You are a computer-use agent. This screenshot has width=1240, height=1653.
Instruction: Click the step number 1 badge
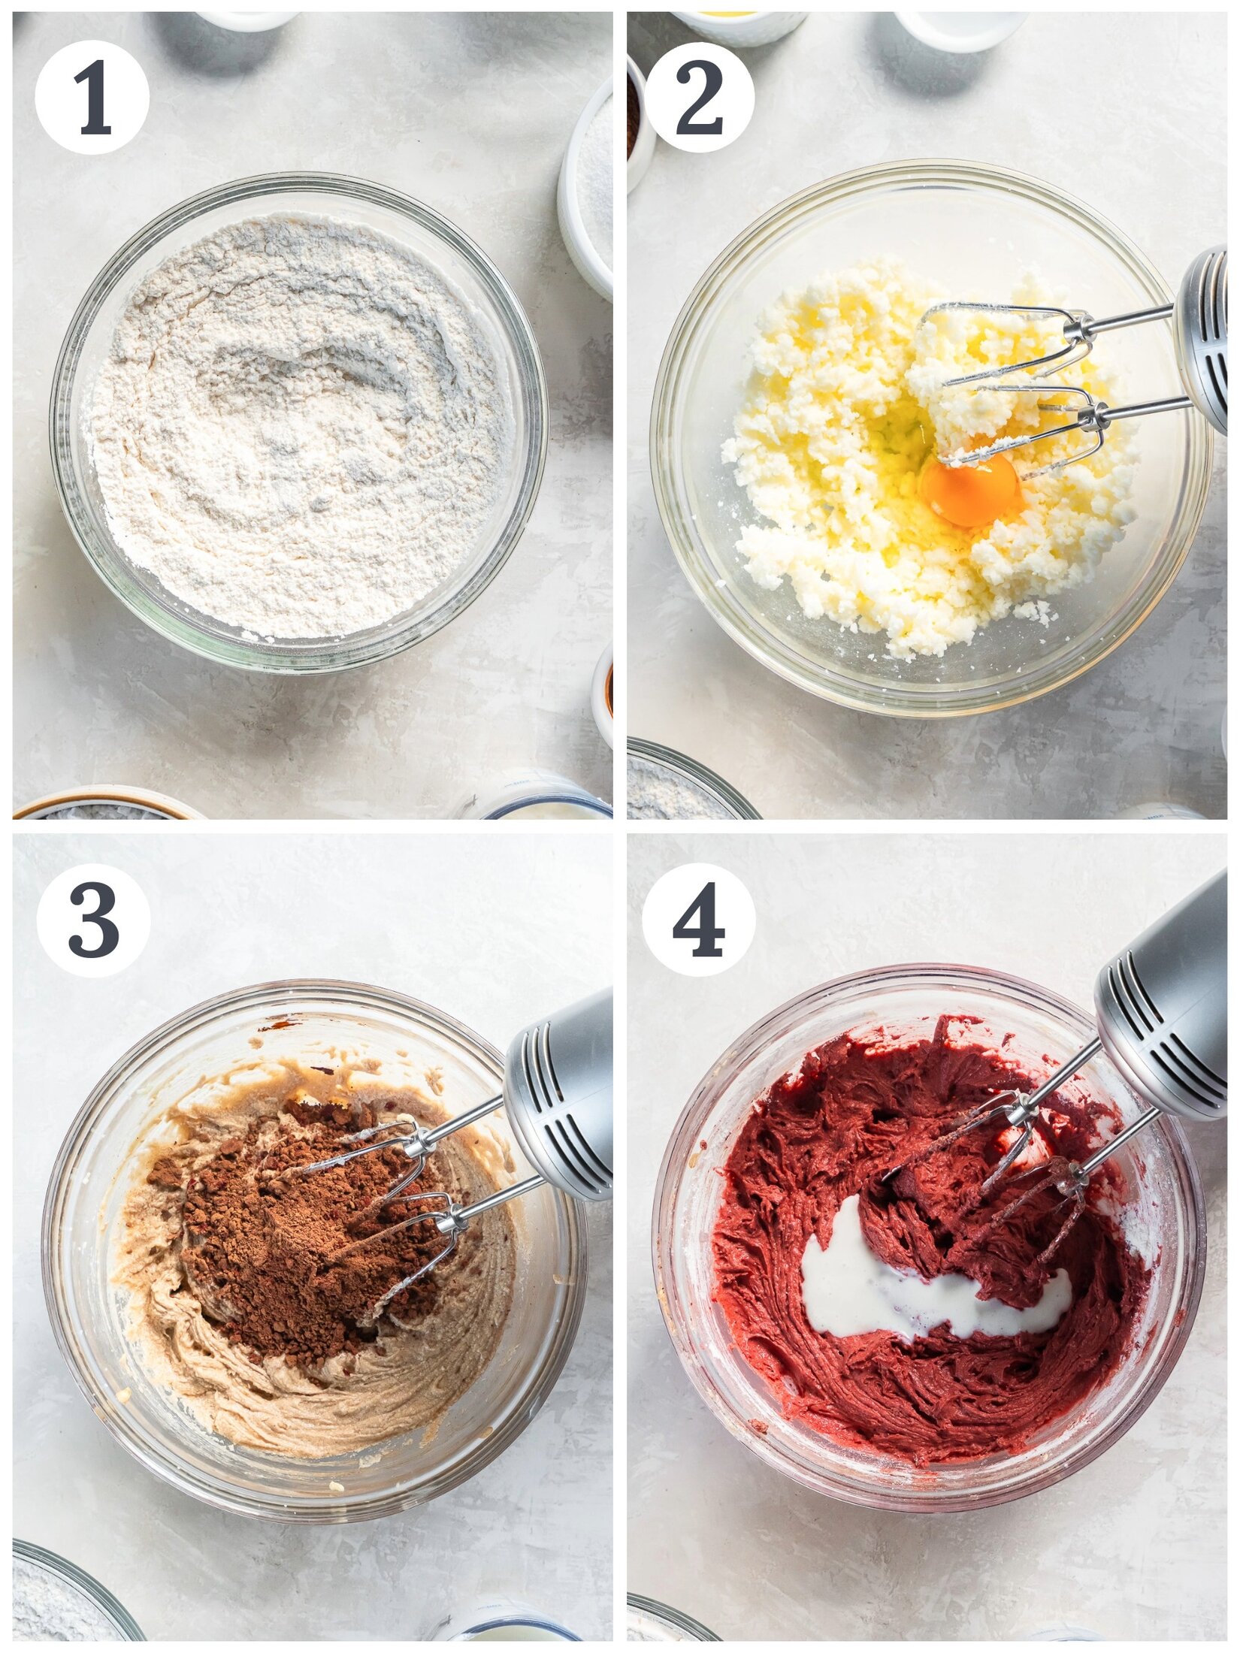[92, 98]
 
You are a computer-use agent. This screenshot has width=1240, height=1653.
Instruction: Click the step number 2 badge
[699, 98]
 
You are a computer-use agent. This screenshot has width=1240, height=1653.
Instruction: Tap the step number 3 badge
[93, 920]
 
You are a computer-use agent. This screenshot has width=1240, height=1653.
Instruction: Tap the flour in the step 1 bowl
[301, 428]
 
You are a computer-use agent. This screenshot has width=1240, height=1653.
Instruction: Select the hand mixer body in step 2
[1202, 338]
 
